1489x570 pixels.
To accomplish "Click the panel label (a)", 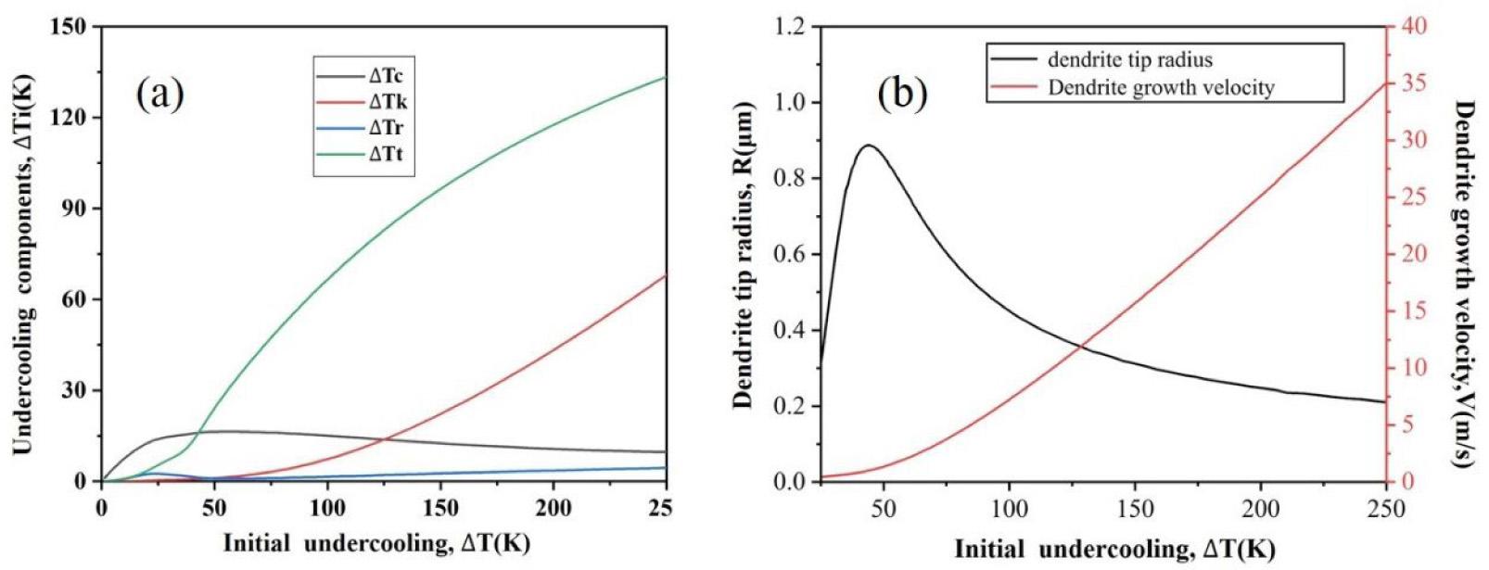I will pos(159,94).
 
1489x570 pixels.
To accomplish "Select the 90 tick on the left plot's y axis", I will pos(76,209).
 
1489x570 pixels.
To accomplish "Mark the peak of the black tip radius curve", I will pos(869,146).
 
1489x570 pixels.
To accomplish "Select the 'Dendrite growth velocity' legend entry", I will pos(1160,88).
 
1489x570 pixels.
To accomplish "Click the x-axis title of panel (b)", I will pos(1114,550).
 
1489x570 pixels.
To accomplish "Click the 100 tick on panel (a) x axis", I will pos(327,508).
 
